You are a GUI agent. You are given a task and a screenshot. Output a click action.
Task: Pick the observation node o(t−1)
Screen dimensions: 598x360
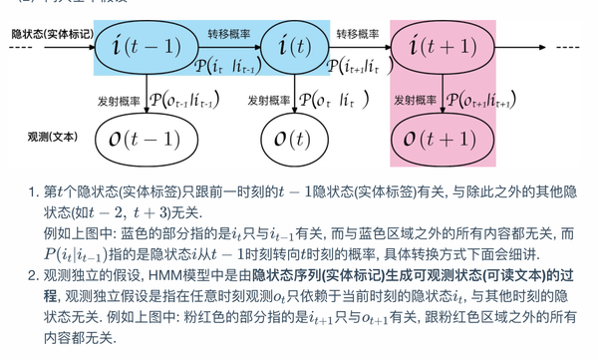pos(148,138)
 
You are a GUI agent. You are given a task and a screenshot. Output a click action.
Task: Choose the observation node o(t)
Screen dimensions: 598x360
pos(290,138)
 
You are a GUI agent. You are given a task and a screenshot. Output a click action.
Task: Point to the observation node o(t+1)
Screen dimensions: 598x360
pos(444,138)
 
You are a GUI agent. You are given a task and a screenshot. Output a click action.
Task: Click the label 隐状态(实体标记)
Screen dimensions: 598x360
pos(52,34)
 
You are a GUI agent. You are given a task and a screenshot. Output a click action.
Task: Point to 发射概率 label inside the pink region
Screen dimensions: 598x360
pos(417,99)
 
